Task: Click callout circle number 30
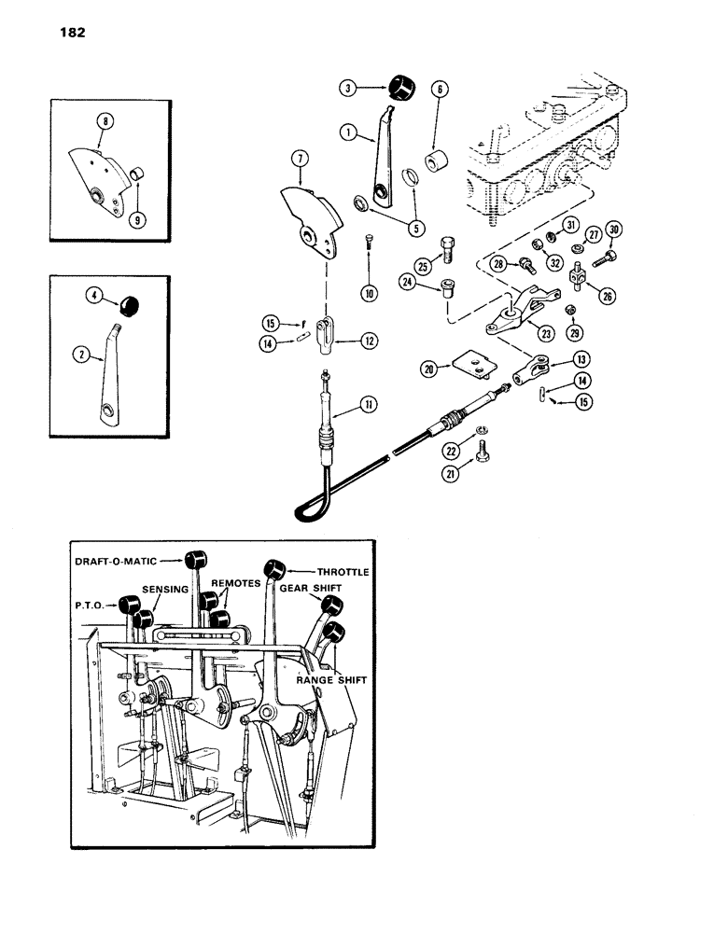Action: (613, 229)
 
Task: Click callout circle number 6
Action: (438, 91)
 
